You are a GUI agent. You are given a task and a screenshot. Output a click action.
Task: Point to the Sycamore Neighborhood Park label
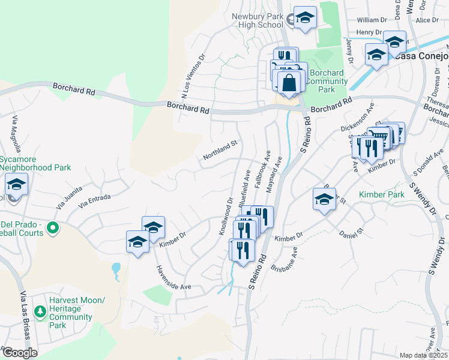[x=35, y=164]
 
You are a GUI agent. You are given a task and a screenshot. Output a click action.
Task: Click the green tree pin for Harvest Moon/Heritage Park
[x=40, y=311]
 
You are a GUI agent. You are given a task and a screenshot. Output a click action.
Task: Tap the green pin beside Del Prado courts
[x=53, y=227]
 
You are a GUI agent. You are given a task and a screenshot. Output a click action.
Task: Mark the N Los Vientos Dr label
[x=193, y=76]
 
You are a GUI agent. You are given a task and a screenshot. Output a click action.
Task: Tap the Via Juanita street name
[x=70, y=198]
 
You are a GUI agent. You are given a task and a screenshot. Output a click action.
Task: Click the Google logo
[x=19, y=352]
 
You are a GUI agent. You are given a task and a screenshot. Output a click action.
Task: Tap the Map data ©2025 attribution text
[x=423, y=355]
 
